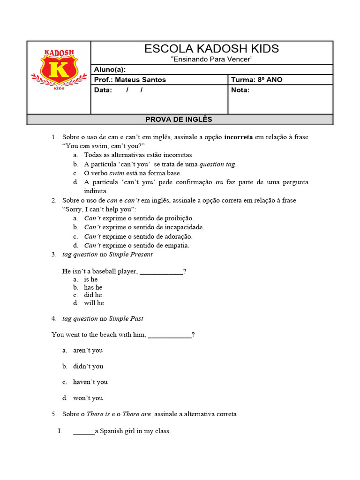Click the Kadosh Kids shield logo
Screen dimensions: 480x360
coord(59,69)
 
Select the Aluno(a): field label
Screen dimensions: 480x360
coord(110,69)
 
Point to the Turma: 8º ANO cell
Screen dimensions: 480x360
coord(257,80)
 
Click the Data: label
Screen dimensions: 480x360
coord(103,90)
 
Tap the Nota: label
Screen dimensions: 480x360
coord(240,90)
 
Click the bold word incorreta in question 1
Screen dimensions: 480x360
coord(239,137)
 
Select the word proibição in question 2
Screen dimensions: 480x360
coord(177,218)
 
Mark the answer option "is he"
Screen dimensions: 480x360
coord(90,279)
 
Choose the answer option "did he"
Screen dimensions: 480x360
coord(93,295)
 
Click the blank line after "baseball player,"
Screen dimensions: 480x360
coord(161,271)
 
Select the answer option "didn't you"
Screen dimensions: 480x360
coord(88,366)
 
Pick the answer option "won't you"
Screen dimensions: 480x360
coord(88,398)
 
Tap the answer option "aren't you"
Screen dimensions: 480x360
coord(88,350)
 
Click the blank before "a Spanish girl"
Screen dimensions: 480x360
coord(83,431)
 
